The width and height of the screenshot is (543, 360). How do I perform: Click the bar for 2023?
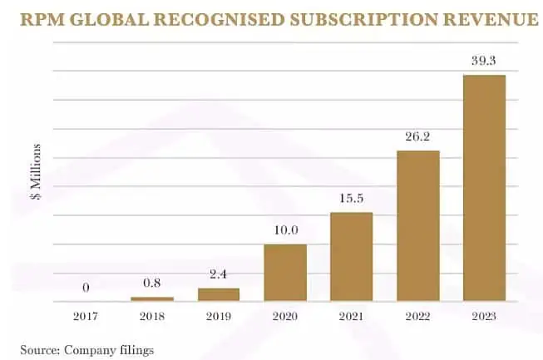click(x=484, y=188)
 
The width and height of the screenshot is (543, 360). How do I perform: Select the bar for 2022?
click(x=417, y=225)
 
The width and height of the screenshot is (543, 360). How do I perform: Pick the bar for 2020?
click(x=285, y=272)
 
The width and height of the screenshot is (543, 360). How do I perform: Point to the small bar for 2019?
click(x=219, y=294)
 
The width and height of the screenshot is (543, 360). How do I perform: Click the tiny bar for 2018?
click(x=152, y=298)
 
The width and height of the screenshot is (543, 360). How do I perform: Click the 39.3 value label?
click(x=484, y=62)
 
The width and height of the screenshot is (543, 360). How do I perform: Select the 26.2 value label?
click(x=417, y=137)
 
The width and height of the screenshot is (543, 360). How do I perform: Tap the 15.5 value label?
click(x=351, y=199)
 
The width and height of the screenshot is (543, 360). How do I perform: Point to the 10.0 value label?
click(x=285, y=230)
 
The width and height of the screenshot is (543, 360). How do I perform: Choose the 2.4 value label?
click(x=219, y=274)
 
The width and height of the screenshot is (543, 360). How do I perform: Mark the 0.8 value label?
click(x=152, y=284)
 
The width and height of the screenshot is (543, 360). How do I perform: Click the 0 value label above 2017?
click(x=86, y=288)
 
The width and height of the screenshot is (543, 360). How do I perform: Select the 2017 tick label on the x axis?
click(x=86, y=316)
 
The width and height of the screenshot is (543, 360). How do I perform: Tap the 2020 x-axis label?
click(x=285, y=316)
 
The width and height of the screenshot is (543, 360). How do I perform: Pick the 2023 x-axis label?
click(x=484, y=316)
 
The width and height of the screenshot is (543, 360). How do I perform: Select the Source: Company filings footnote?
click(x=87, y=349)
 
